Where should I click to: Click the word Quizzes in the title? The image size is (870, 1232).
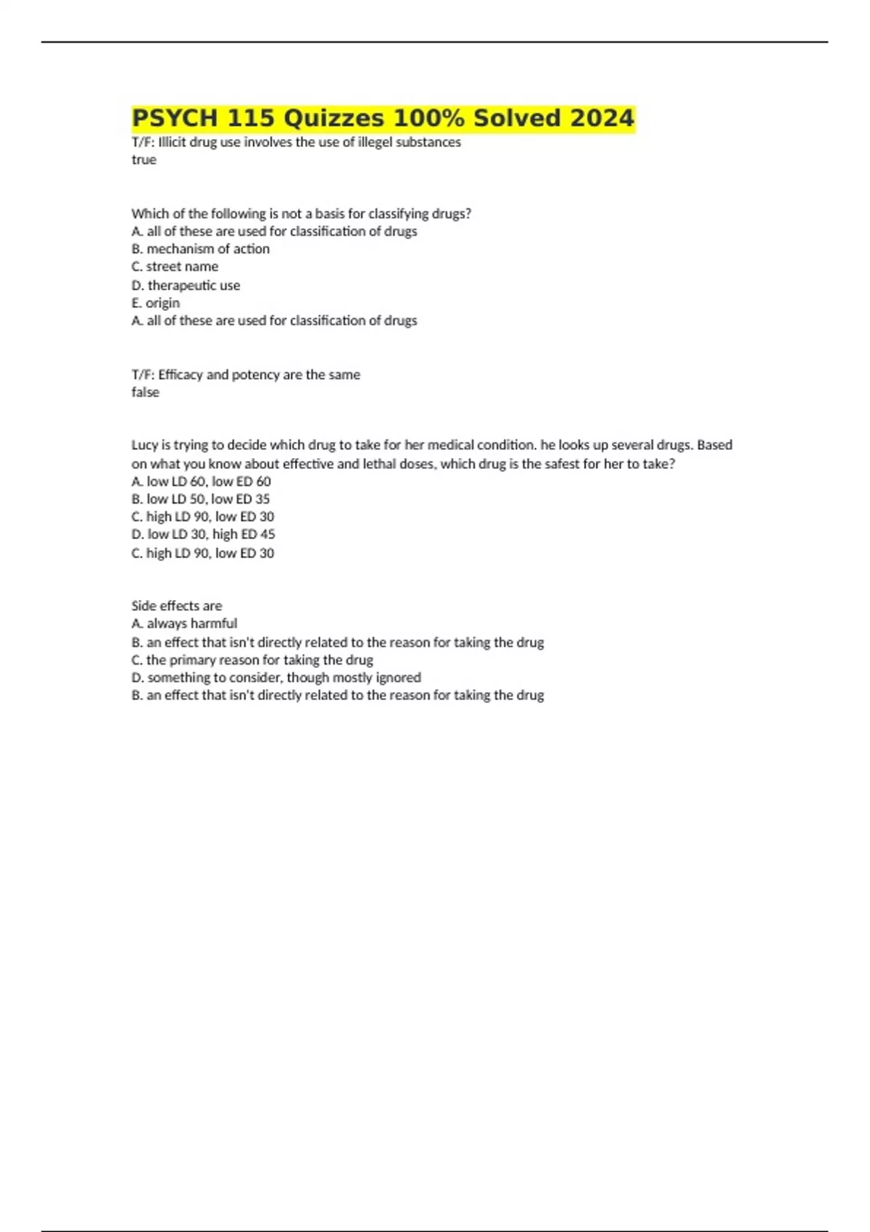(x=334, y=118)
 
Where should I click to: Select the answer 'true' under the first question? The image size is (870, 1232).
(x=144, y=160)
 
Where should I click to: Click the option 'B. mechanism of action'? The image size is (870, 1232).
(x=201, y=249)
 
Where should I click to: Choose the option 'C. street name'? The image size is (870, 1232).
(x=175, y=267)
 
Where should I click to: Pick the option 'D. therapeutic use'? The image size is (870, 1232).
(x=186, y=286)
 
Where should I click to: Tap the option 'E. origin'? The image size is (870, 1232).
(x=155, y=303)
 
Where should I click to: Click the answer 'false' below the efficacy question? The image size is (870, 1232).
(x=145, y=392)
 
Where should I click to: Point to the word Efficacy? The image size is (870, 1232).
(x=181, y=375)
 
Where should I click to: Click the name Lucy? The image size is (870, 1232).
(x=144, y=445)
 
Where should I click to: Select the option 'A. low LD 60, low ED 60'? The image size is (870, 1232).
(x=201, y=482)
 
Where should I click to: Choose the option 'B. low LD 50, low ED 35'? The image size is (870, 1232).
(x=200, y=499)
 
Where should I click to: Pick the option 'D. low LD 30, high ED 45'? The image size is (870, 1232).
(x=203, y=534)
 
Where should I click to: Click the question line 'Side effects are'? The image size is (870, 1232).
(x=176, y=606)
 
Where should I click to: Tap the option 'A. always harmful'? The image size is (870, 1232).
(x=184, y=623)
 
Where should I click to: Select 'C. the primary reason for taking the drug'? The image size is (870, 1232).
(x=252, y=660)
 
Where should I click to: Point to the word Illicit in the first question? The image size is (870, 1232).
(x=172, y=143)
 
